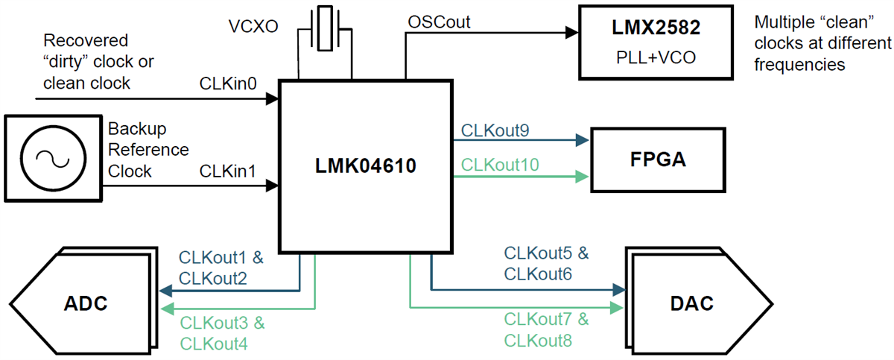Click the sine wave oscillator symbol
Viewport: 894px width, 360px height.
52,158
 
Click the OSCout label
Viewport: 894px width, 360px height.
439,22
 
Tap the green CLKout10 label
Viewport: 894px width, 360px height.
499,164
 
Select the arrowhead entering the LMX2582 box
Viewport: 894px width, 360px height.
572,32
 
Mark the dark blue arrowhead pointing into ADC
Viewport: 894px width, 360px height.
167,291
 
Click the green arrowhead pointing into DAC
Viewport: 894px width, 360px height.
618,307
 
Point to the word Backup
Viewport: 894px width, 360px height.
137,129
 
